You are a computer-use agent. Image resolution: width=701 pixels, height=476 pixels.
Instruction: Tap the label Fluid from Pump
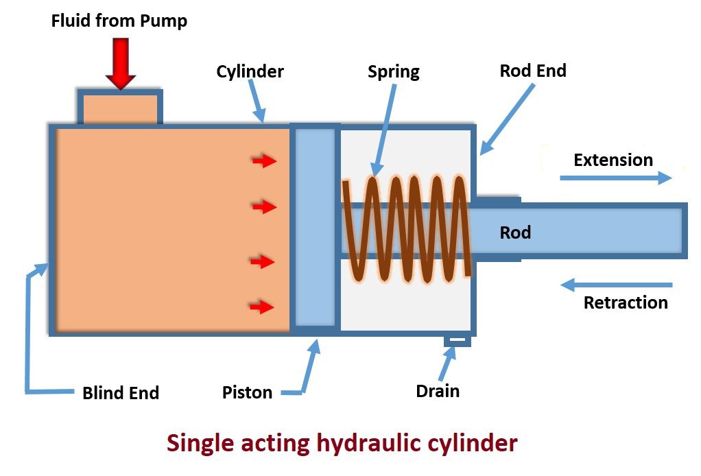(119, 21)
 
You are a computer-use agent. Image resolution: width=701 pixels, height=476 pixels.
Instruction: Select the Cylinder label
(250, 71)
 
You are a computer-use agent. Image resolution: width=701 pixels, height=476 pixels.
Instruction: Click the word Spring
(393, 71)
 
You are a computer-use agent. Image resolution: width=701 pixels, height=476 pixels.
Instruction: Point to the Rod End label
(533, 70)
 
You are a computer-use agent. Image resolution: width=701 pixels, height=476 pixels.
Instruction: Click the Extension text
(613, 160)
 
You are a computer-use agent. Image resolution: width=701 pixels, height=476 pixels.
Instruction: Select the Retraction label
(626, 302)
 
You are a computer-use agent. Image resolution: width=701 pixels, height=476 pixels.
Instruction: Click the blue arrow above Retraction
(616, 284)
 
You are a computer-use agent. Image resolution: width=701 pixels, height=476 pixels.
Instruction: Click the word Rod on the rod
(515, 233)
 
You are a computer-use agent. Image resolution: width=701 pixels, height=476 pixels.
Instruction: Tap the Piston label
(247, 392)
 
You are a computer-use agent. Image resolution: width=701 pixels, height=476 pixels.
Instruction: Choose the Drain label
(438, 391)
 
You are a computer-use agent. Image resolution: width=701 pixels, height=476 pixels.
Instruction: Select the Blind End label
(121, 393)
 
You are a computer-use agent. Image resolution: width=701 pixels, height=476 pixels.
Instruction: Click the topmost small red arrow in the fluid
(263, 161)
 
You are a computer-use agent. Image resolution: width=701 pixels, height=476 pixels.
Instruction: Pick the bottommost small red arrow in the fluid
(263, 307)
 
